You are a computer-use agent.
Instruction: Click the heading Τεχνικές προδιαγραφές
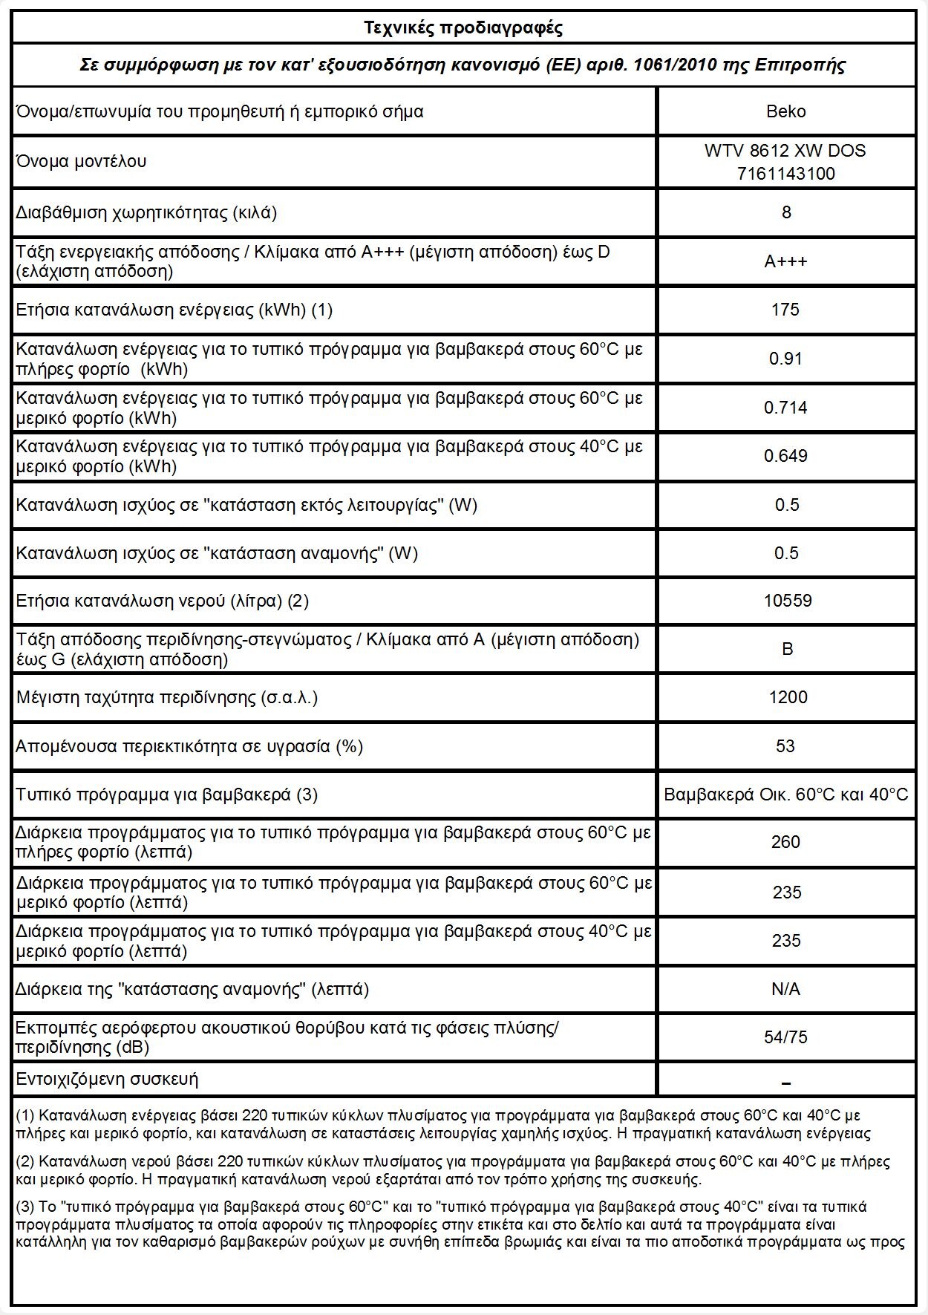click(x=463, y=28)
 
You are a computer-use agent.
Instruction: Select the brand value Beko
click(x=785, y=111)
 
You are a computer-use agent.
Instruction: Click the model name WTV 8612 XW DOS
click(x=785, y=151)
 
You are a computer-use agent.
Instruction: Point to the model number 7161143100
click(x=785, y=174)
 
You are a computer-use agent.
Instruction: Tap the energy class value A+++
click(x=785, y=261)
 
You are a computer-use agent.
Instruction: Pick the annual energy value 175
click(x=785, y=310)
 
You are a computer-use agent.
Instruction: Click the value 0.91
click(x=785, y=359)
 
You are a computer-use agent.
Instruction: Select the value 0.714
click(x=785, y=408)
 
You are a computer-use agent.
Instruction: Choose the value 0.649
click(x=785, y=456)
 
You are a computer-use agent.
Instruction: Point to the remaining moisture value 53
click(x=785, y=745)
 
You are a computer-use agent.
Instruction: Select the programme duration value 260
click(x=785, y=842)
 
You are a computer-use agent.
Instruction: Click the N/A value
click(x=785, y=989)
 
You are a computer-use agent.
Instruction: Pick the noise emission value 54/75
click(x=785, y=1037)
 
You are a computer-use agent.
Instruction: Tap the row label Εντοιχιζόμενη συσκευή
click(x=108, y=1079)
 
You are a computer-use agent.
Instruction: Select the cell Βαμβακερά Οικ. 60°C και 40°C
click(x=785, y=794)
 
